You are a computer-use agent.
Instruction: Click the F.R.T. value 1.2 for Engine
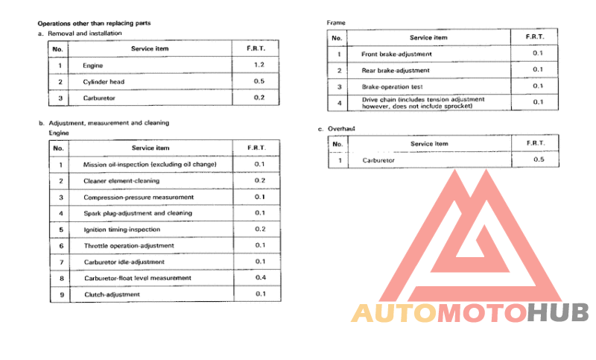tap(259, 66)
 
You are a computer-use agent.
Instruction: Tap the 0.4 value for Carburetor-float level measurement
tap(260, 278)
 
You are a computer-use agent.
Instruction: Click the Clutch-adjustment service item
tap(112, 294)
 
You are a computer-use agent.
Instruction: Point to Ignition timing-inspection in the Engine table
tap(121, 229)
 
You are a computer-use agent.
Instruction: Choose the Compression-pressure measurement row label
tap(139, 197)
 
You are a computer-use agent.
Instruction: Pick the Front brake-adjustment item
tap(396, 54)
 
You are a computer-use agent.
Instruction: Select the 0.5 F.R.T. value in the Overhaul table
tap(539, 160)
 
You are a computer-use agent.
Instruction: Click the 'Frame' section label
tap(337, 23)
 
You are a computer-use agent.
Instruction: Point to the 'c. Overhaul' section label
tap(340, 129)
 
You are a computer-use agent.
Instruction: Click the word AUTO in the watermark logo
tap(394, 313)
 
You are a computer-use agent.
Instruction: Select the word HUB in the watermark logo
tap(558, 313)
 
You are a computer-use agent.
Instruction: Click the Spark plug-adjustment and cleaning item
tap(138, 213)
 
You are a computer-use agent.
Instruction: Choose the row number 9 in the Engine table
tap(60, 294)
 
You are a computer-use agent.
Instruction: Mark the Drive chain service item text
tap(423, 102)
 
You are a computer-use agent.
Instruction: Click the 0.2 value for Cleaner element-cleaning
tap(260, 180)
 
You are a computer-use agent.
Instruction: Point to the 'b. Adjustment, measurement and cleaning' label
tap(104, 122)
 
